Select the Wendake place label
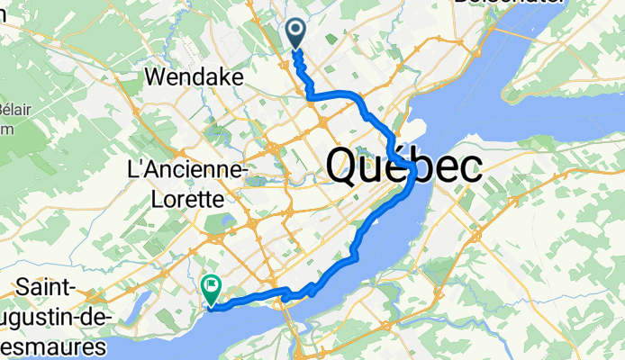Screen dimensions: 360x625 coord(194,78)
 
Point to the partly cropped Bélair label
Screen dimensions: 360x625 coord(13,109)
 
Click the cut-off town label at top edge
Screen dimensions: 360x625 coord(509,4)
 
